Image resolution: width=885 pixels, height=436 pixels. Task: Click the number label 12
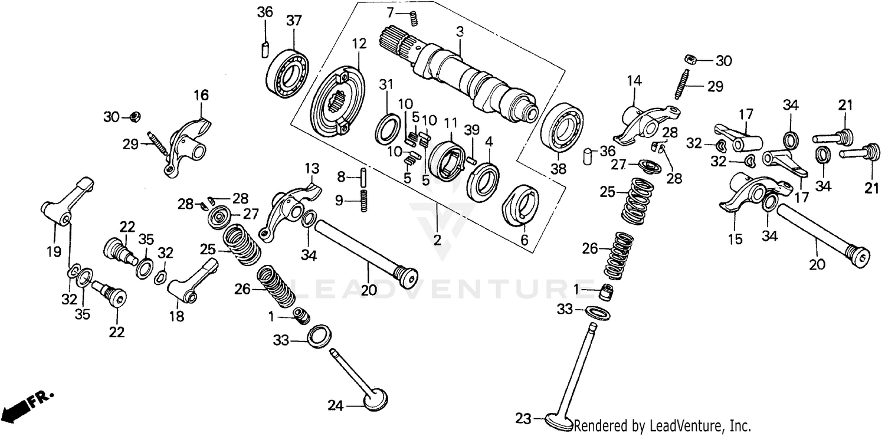point(360,44)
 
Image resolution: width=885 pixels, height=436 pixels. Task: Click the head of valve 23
point(558,422)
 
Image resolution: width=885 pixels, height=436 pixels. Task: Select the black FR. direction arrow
point(18,407)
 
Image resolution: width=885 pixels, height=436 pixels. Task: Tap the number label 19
point(54,252)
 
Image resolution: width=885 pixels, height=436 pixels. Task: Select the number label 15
point(735,240)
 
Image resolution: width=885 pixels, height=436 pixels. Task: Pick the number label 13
point(311,169)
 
